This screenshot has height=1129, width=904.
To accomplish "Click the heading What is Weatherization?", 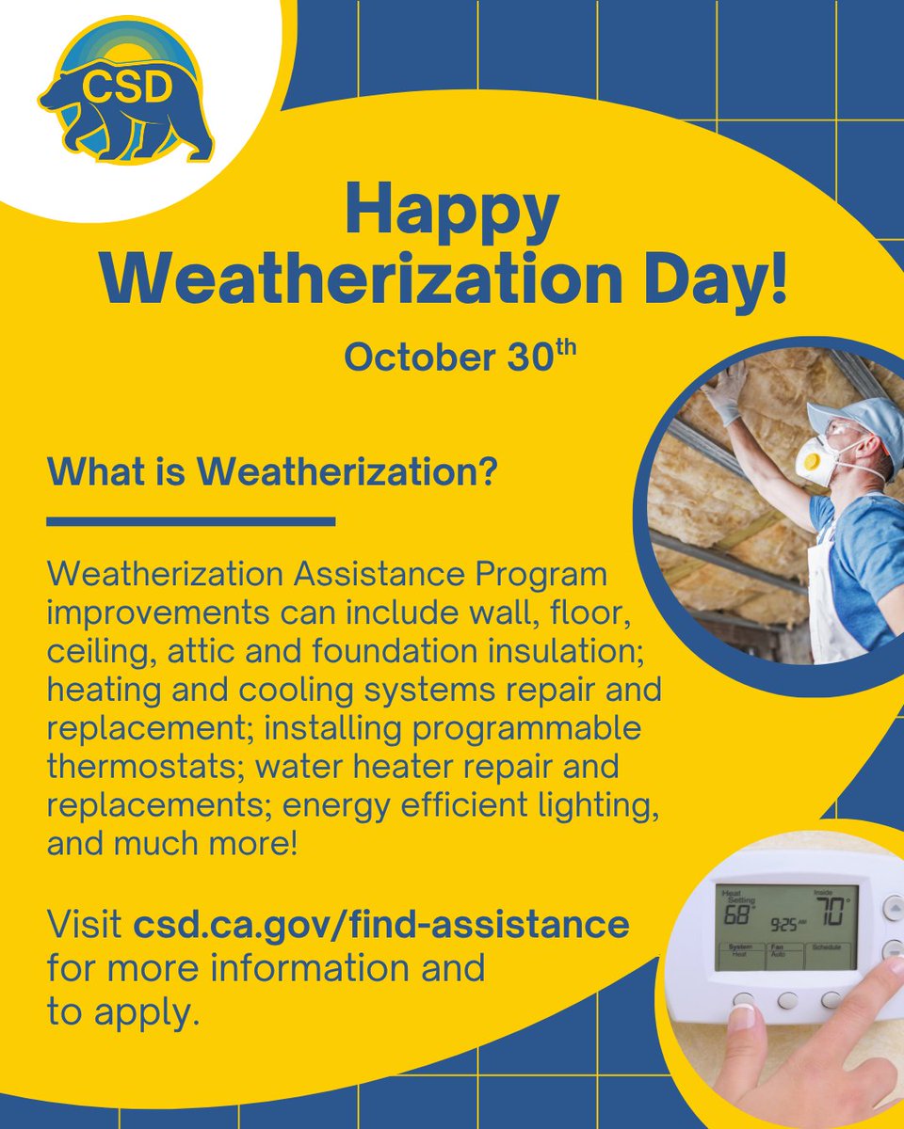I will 272,471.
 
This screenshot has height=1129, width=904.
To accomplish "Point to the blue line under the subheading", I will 191,520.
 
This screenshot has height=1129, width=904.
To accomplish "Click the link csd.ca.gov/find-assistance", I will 380,924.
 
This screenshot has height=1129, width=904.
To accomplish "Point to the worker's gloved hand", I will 726,395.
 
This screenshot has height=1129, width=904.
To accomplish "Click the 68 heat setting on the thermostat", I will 738,914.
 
